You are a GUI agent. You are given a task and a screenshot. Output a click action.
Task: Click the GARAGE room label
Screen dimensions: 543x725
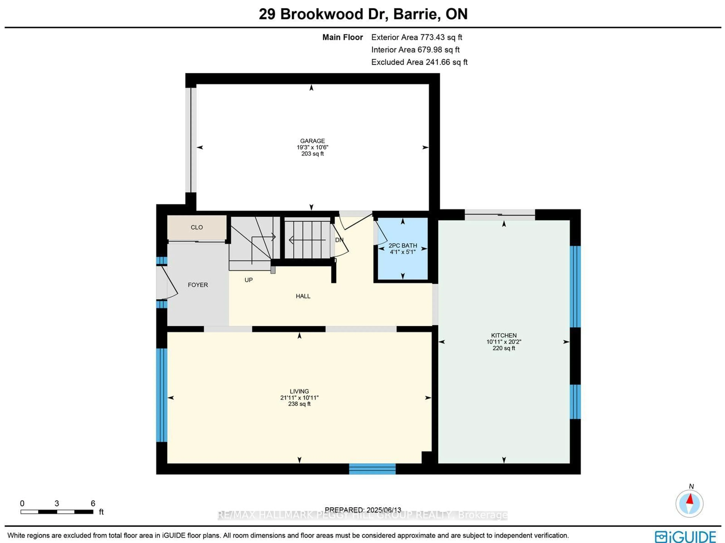(312, 141)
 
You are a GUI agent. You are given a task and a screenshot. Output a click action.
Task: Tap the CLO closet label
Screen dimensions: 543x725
(197, 227)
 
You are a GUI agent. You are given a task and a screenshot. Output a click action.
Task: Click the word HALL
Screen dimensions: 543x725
(303, 296)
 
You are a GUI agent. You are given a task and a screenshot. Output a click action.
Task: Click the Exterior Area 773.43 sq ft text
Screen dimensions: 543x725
(416, 37)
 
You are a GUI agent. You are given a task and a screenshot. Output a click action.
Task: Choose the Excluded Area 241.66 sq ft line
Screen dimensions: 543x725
(419, 62)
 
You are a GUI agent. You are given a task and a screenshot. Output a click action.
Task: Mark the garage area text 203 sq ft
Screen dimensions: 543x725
(312, 154)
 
